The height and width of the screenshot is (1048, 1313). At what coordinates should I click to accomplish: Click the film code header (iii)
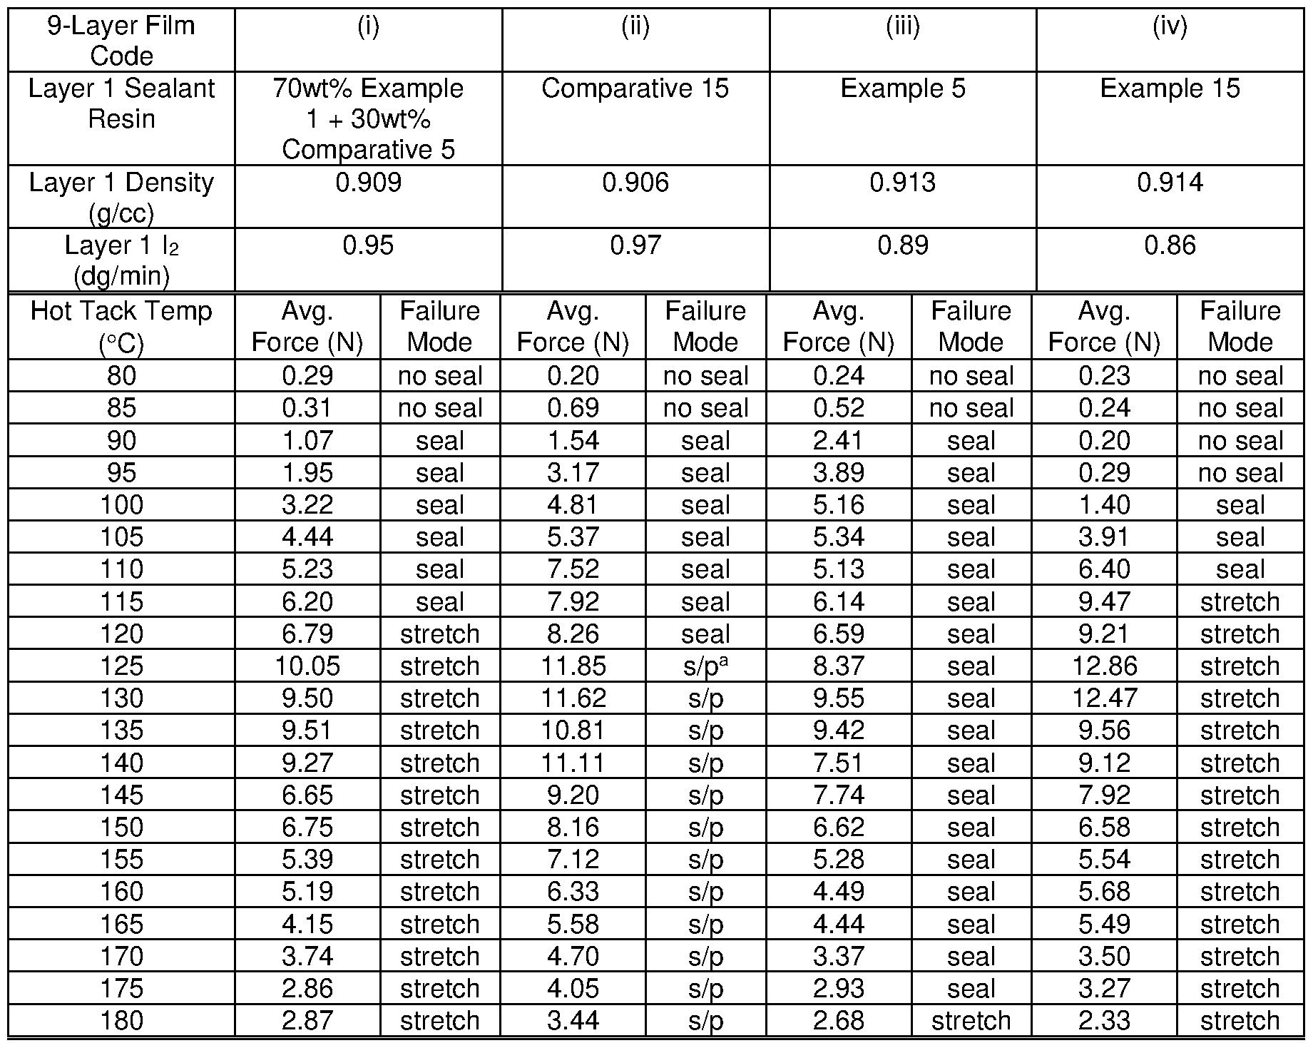[902, 26]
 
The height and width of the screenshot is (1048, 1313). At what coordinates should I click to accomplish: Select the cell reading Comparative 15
[635, 88]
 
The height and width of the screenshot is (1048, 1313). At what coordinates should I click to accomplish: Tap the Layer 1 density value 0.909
[368, 183]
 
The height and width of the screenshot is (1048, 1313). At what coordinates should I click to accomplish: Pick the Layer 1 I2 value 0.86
[1170, 245]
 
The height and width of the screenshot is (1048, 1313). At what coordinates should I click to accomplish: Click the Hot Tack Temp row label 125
[121, 666]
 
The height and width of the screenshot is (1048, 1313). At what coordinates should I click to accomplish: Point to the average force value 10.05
[307, 666]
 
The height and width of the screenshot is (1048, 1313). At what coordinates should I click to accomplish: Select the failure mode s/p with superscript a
[705, 666]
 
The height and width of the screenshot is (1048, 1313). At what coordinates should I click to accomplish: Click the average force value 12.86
[1104, 666]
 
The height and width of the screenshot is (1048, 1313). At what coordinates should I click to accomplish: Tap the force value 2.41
[839, 441]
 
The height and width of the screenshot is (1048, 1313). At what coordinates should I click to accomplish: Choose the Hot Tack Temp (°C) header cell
[121, 327]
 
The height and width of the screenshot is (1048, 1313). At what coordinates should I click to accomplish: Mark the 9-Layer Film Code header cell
[121, 40]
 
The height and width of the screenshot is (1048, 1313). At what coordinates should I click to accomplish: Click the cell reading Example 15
[1170, 88]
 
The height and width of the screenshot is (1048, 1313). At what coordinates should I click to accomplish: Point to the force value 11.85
[573, 666]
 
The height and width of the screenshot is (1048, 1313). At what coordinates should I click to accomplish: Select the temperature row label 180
[121, 1020]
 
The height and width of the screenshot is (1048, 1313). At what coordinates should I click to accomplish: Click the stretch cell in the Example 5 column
[971, 1020]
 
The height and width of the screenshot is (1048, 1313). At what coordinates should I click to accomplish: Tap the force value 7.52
[573, 569]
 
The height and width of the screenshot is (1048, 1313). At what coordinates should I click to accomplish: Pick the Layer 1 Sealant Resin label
[121, 103]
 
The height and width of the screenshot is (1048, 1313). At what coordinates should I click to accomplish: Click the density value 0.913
[902, 183]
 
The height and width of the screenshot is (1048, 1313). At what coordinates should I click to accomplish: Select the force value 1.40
[1104, 505]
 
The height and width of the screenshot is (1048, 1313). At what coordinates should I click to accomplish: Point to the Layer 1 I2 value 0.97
[635, 245]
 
